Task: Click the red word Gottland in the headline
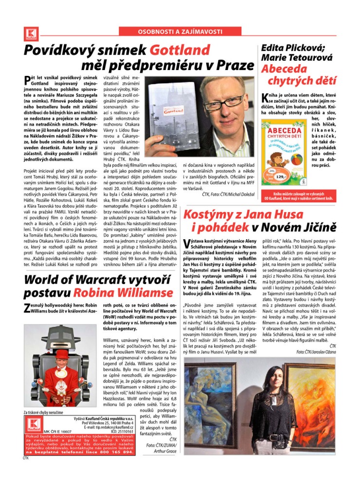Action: click(x=180, y=50)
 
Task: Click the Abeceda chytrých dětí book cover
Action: click(x=283, y=151)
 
